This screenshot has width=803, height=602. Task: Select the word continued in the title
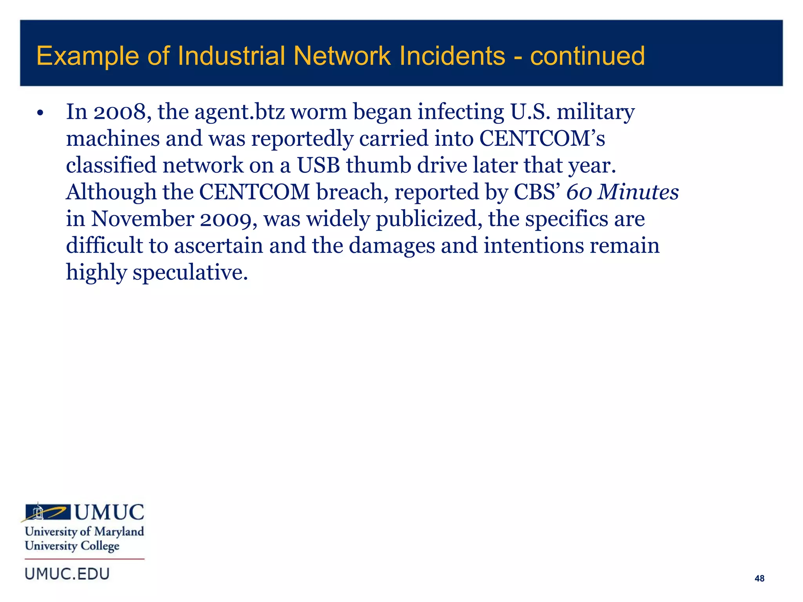coord(587,56)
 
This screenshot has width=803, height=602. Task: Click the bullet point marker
coord(40,114)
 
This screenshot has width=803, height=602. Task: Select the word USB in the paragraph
coord(318,165)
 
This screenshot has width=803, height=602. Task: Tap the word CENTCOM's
coord(542,139)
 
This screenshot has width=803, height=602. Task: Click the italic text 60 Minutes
coord(623,192)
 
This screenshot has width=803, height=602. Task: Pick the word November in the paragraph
coord(143,219)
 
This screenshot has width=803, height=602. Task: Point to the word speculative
coord(190,273)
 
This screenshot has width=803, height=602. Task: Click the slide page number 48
coord(759,578)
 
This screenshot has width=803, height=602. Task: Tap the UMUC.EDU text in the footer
coord(67,574)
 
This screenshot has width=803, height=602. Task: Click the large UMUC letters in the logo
coord(109,513)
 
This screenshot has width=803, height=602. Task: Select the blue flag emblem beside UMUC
coord(47,512)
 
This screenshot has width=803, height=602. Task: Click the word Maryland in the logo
coord(119,532)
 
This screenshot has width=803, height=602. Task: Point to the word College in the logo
coord(100,546)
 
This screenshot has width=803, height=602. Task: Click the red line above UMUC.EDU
coord(84,559)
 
